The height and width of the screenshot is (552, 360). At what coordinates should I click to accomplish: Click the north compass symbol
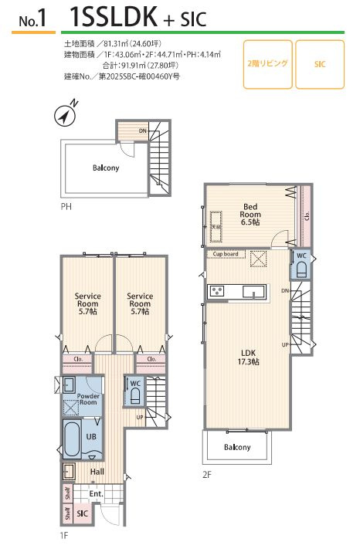click(66, 115)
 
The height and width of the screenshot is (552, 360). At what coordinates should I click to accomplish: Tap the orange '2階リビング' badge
click(268, 64)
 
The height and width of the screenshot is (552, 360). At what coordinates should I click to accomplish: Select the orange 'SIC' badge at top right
click(320, 64)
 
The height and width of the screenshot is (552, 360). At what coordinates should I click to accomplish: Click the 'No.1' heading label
click(32, 19)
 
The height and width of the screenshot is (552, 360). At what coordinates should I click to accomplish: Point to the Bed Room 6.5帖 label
click(250, 215)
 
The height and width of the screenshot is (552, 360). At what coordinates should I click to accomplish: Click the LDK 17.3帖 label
click(249, 357)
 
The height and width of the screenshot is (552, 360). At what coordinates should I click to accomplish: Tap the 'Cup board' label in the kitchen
click(226, 254)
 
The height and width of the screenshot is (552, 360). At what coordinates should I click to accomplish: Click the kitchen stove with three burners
click(217, 292)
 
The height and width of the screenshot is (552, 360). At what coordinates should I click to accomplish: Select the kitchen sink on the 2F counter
click(254, 292)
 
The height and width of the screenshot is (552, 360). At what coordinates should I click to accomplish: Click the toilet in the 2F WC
click(301, 271)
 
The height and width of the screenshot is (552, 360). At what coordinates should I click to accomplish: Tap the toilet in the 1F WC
click(135, 397)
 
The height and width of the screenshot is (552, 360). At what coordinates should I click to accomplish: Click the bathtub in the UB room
click(73, 439)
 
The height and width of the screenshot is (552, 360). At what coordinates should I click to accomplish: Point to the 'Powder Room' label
click(88, 399)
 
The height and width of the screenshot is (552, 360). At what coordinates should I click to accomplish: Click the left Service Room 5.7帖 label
click(88, 304)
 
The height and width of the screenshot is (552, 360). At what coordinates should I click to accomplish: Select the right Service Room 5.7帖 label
click(140, 304)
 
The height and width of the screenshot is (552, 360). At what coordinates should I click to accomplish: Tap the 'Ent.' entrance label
click(96, 494)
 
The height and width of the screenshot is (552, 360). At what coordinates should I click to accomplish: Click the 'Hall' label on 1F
click(97, 472)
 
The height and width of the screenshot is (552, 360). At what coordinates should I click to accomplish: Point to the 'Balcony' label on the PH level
click(106, 168)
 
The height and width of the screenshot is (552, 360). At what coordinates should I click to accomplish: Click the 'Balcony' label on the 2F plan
click(237, 447)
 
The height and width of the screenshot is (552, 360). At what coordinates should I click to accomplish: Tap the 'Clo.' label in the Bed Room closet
click(307, 215)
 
